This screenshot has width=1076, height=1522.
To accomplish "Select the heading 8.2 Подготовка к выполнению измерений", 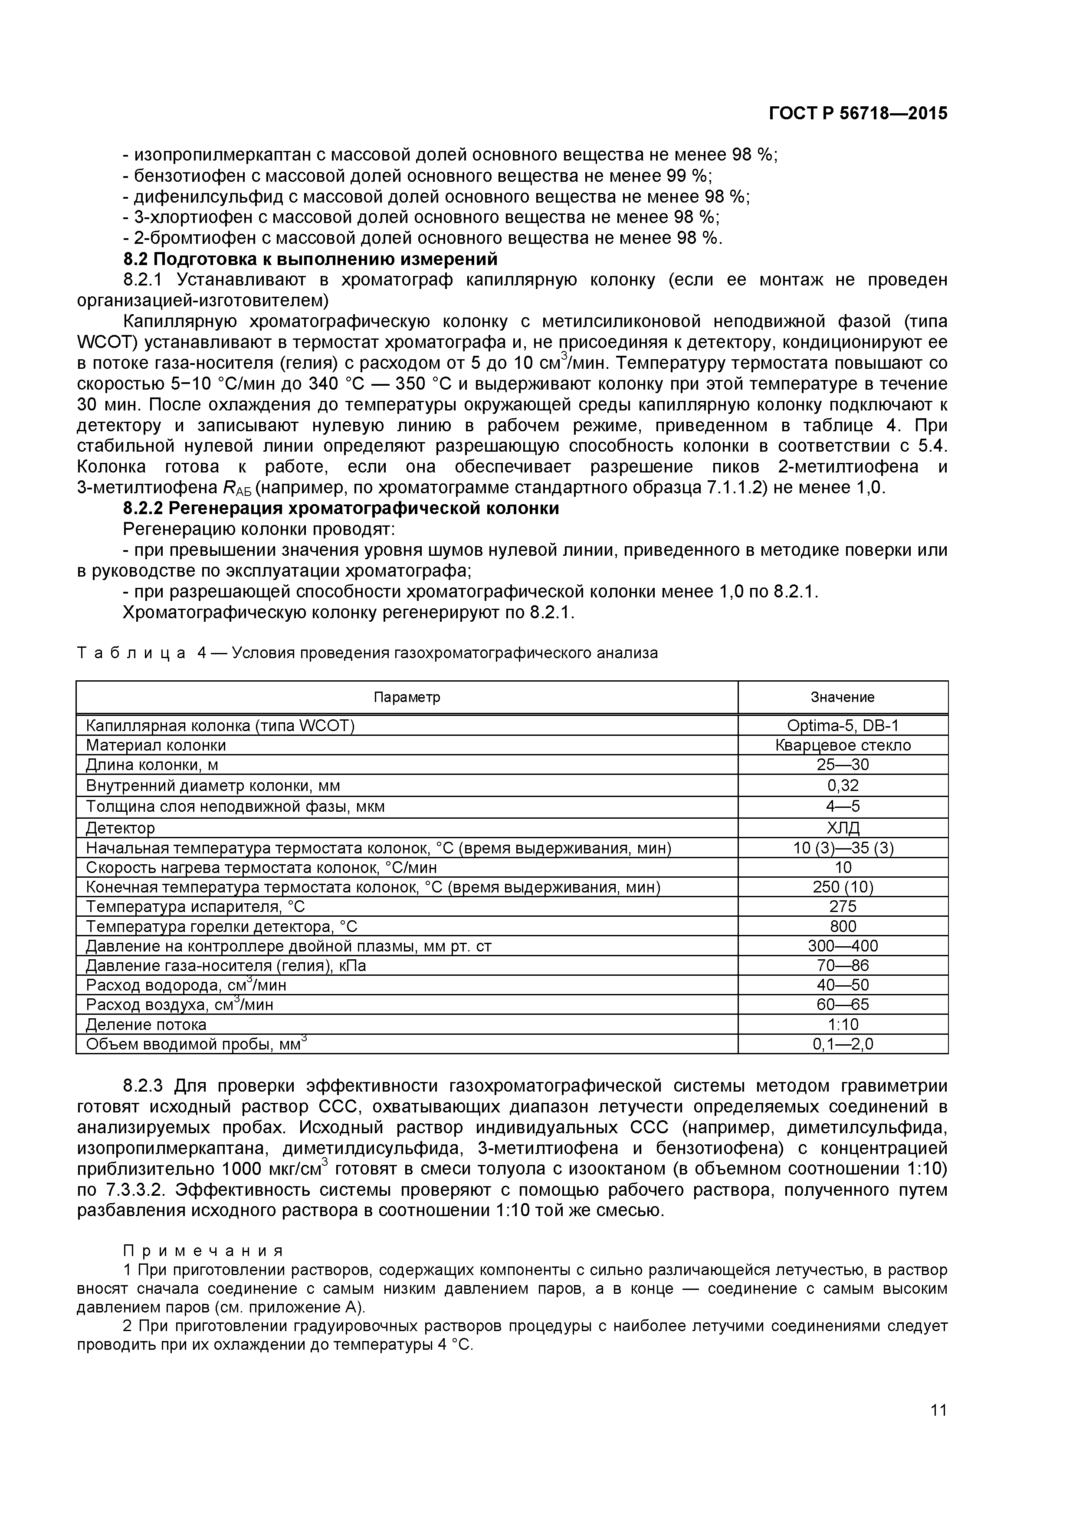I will [x=310, y=259].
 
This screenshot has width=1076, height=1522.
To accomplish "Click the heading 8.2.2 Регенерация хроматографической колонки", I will [x=341, y=508].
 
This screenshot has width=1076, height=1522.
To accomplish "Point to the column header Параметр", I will [x=407, y=697].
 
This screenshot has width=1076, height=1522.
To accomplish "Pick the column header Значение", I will [x=842, y=697].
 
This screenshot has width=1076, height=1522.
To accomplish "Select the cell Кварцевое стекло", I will [x=843, y=745].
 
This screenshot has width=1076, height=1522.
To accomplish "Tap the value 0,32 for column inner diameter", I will [x=843, y=786].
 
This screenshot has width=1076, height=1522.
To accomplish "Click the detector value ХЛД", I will [x=843, y=827].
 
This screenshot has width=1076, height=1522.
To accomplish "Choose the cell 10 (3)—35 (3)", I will [x=843, y=848].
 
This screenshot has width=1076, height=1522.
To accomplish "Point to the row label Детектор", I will [x=120, y=828].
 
